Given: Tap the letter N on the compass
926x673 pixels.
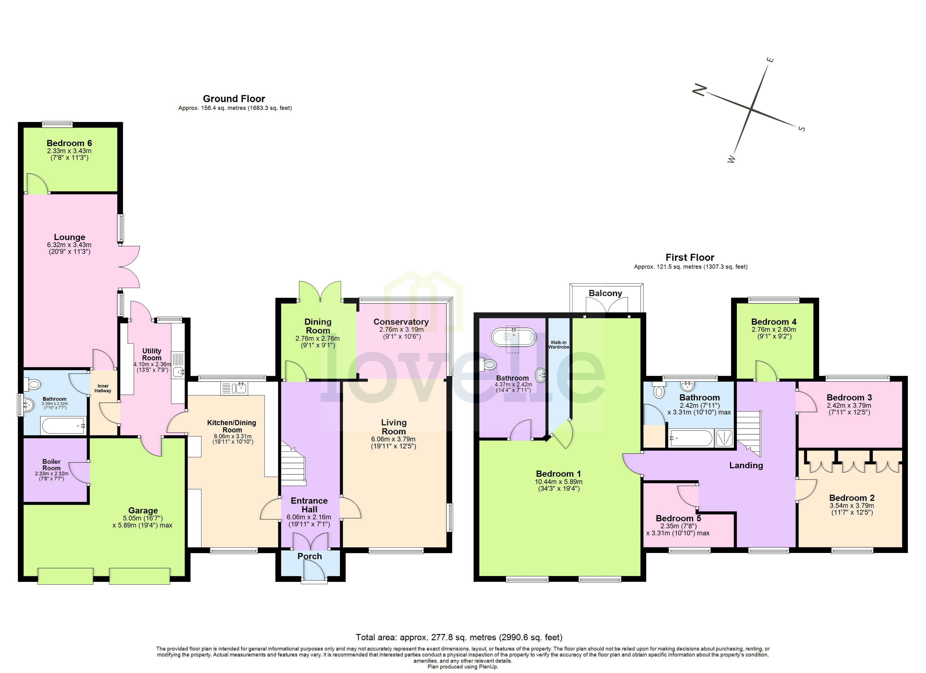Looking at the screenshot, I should click(699, 89).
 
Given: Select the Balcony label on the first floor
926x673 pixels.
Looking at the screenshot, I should click(605, 293).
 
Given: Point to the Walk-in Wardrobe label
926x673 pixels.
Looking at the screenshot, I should click(558, 345).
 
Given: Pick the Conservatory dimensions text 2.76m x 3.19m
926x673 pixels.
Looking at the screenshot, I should click(401, 329).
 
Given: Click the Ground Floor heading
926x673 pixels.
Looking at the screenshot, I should click(234, 99).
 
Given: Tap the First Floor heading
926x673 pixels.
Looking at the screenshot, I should click(690, 257).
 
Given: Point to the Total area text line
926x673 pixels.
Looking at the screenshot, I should click(459, 637).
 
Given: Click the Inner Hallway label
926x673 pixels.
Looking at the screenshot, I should click(103, 388).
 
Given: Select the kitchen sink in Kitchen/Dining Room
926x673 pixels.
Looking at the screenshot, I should click(234, 388).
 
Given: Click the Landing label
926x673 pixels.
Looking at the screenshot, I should click(746, 465).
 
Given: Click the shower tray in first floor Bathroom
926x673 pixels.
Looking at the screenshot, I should click(724, 438).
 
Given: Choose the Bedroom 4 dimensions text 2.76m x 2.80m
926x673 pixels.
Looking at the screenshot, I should click(773, 329).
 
